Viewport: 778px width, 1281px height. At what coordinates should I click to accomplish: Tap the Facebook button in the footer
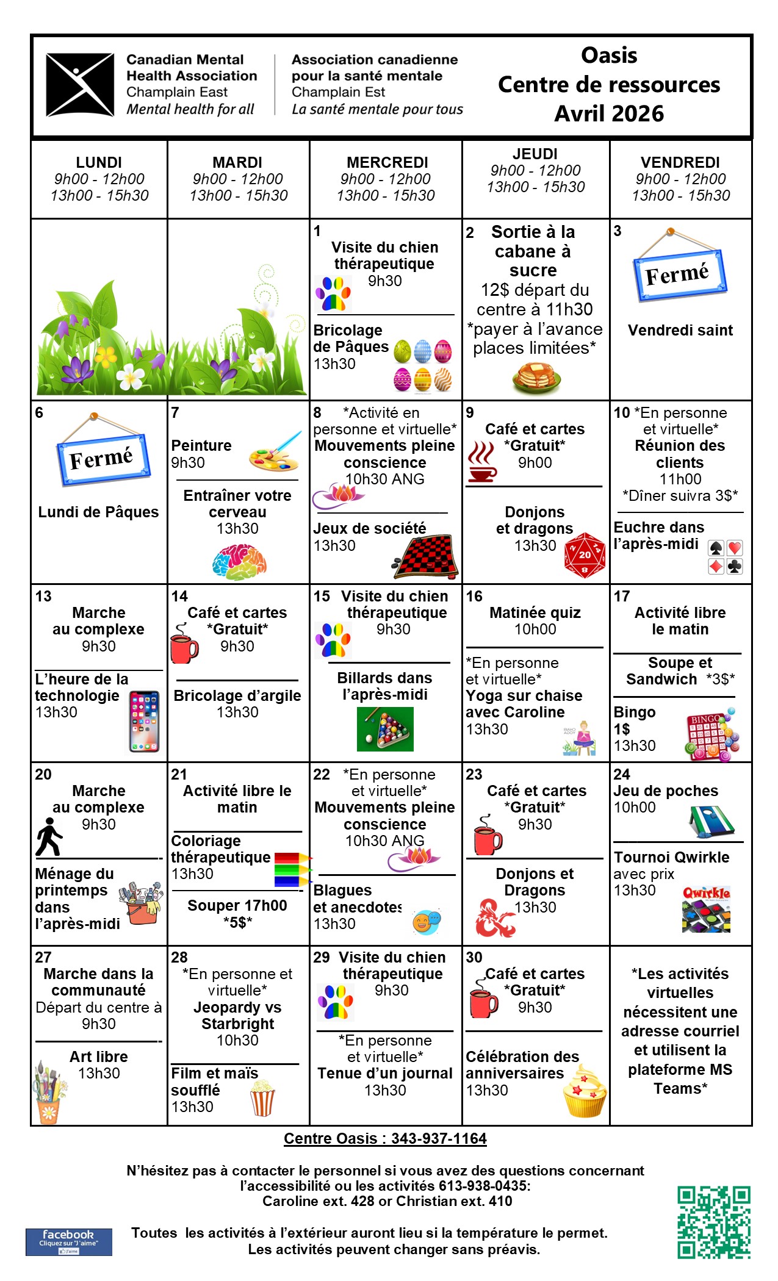pyautogui.click(x=68, y=1241)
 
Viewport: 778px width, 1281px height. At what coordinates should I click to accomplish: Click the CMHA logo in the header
pyautogui.click(x=80, y=85)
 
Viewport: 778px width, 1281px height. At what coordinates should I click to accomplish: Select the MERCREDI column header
pyautogui.click(x=387, y=163)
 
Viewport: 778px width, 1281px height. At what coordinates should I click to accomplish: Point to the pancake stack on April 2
pyautogui.click(x=536, y=378)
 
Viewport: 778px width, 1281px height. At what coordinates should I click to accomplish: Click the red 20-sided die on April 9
pyautogui.click(x=585, y=555)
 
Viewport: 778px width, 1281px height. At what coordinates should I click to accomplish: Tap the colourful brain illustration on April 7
pyautogui.click(x=239, y=561)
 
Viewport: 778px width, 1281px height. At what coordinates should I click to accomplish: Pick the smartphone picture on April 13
pyautogui.click(x=144, y=722)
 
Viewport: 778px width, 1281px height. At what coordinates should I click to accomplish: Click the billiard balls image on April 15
pyautogui.click(x=385, y=728)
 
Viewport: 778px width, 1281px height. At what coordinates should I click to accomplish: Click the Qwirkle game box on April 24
pyautogui.click(x=706, y=910)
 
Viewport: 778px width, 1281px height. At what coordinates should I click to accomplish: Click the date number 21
pyautogui.click(x=179, y=775)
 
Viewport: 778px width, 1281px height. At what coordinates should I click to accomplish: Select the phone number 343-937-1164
pyautogui.click(x=439, y=1139)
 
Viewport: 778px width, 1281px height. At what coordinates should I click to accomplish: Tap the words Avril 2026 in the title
pyautogui.click(x=608, y=113)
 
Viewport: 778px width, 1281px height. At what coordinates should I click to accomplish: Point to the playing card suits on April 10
pyautogui.click(x=725, y=556)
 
